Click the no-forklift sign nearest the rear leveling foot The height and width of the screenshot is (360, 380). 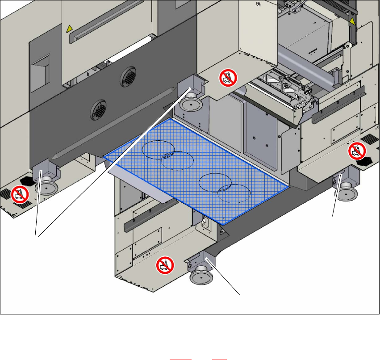coord(227,78)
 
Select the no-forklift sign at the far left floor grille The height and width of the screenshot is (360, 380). coord(19,194)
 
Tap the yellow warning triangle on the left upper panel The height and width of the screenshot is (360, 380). coord(69,29)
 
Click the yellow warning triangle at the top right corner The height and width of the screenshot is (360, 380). coord(353,21)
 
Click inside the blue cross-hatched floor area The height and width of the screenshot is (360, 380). coord(196,170)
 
